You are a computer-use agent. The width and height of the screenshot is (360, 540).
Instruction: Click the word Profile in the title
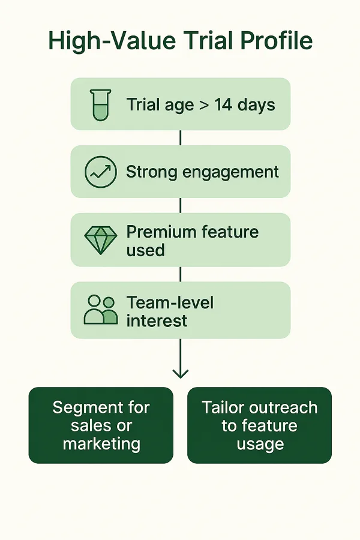pos(276,41)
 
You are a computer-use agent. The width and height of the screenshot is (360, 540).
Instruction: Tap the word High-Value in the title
pos(112,41)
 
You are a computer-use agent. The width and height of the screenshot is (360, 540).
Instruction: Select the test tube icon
pos(100,104)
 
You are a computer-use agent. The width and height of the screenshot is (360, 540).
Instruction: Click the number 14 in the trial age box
pos(223,104)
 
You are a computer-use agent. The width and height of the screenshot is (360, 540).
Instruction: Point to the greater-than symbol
pos(203,105)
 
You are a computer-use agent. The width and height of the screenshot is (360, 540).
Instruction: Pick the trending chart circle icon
pos(101,172)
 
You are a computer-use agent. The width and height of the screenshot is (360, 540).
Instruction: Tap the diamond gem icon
pos(101,240)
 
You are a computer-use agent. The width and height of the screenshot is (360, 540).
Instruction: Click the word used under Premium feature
pos(145,250)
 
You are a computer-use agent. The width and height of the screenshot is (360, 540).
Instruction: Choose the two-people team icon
pos(101,310)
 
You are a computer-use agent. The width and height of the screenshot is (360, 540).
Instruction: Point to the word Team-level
pos(170,303)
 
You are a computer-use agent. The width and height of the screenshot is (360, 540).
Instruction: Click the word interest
pos(157,321)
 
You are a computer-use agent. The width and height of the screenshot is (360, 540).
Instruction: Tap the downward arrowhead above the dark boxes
pos(181,374)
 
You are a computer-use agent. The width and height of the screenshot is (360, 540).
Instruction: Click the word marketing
pos(101,443)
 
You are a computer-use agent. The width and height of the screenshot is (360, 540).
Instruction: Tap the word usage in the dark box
pos(260,444)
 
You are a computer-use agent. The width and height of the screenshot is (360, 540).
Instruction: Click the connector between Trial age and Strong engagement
pos(181,138)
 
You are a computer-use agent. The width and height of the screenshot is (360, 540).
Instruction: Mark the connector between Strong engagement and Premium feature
pos(181,205)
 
